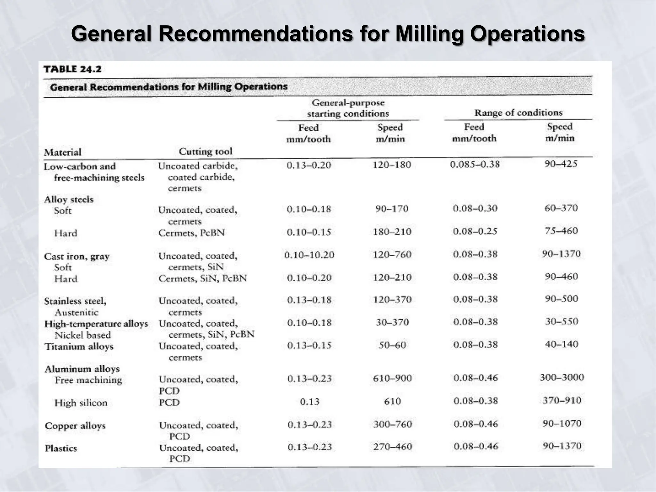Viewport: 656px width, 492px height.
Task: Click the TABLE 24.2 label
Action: tap(72, 69)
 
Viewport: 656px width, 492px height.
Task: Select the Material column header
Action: tap(63, 152)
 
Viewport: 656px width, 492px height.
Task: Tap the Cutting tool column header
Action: tap(205, 151)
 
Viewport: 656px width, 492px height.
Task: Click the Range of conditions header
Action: tap(518, 113)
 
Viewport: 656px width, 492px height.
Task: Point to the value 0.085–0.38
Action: tap(475, 165)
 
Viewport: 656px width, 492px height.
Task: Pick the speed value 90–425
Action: tap(561, 164)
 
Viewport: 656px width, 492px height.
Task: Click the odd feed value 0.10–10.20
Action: tap(309, 255)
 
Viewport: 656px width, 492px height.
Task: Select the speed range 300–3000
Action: tap(562, 377)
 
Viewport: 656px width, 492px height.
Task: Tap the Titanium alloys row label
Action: tap(79, 347)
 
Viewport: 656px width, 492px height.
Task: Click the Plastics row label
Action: tap(61, 448)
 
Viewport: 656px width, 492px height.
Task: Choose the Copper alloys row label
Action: tap(75, 426)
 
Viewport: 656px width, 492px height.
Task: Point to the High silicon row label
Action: tap(81, 403)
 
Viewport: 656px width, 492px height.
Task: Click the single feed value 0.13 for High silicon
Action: tap(310, 402)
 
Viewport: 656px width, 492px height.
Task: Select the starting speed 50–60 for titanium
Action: tap(392, 345)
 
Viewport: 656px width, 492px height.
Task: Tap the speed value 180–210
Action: tap(392, 232)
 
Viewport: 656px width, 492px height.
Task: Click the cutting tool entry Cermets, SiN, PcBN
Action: tap(203, 278)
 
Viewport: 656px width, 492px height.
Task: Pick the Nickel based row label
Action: tap(83, 335)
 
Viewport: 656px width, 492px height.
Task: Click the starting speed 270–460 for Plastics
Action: tap(392, 447)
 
